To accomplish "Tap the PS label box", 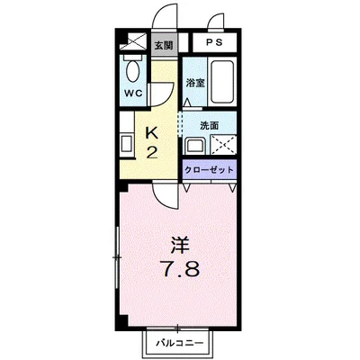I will (212, 42).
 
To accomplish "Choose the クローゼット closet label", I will (210, 170).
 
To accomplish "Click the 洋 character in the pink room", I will (178, 243).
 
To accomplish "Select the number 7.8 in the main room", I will (178, 268).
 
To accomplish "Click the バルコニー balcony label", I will (180, 344).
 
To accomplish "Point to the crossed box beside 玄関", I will (135, 40).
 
